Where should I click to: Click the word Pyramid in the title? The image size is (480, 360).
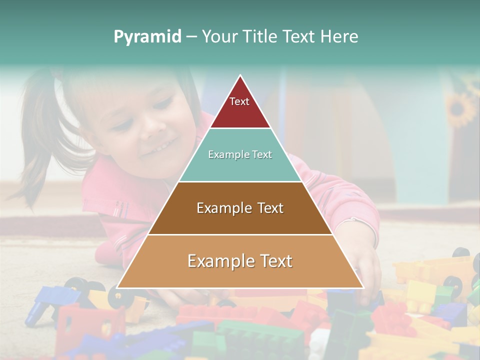tap(147, 37)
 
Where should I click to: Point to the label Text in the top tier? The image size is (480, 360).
tap(239, 101)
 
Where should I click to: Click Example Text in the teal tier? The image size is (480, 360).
tap(240, 154)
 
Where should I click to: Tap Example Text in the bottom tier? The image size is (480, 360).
tap(240, 261)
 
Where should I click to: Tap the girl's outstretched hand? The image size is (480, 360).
tap(367, 272)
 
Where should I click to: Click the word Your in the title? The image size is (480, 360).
tap(219, 37)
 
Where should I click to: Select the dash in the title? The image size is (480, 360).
tap(191, 37)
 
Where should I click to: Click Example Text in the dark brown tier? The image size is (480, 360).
tap(240, 208)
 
